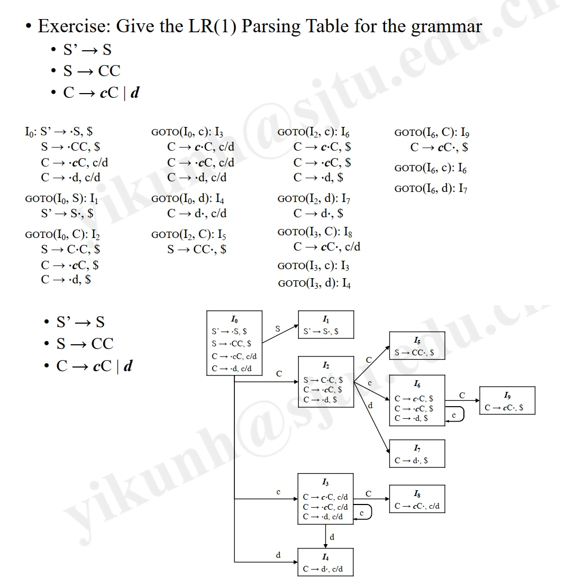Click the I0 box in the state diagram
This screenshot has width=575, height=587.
coord(234,343)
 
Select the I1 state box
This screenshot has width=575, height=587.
coord(326,325)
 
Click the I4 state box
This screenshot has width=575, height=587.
coord(325,562)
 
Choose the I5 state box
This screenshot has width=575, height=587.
coord(417,346)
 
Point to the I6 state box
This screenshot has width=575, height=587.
coord(417,400)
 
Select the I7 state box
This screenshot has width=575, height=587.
coord(417,454)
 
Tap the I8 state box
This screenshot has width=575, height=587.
coord(417,499)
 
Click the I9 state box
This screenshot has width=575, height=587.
coord(507,400)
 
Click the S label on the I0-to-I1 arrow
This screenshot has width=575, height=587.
coord(278,329)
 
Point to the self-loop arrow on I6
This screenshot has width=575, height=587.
coord(456,414)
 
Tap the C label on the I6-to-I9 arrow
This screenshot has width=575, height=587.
coord(462,395)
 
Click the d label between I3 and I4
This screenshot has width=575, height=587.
coord(332,537)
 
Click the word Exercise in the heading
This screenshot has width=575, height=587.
coord(72,25)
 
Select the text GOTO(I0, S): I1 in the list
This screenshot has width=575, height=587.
coord(62,199)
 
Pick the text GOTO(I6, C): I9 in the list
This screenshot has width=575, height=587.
coord(432,133)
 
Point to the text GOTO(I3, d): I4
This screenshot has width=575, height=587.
coord(314,283)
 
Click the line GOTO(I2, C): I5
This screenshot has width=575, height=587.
coord(188,235)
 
